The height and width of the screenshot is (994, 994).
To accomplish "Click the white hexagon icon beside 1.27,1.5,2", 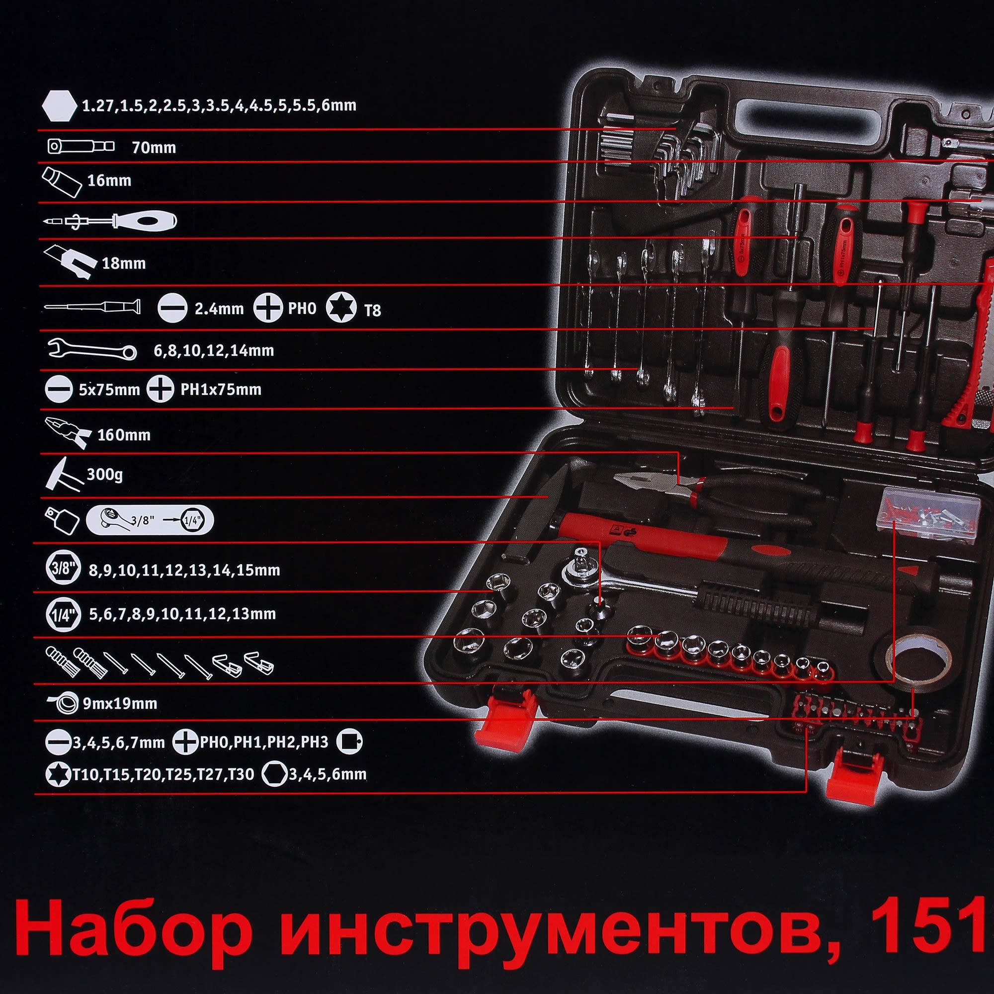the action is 59,106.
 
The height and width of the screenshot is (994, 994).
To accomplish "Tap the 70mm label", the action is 154,148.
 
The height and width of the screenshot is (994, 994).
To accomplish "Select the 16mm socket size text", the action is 109,180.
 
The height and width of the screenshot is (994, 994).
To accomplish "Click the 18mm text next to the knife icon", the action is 123,263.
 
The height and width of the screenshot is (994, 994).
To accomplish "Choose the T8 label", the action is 372,310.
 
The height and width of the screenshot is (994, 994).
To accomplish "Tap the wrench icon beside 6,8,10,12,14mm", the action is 91,349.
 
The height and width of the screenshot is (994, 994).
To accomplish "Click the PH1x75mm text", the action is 221,390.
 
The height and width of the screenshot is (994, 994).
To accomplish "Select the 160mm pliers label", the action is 124,435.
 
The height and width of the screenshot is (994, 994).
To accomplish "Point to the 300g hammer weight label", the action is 104,474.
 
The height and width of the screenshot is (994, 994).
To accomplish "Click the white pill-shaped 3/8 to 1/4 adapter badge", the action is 150,520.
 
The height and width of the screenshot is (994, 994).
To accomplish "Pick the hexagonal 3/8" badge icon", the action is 63,568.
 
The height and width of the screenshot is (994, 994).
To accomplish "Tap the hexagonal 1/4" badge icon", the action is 63,614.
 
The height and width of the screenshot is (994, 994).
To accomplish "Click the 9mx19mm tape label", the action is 120,703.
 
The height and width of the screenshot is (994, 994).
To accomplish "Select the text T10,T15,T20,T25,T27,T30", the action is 163,775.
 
